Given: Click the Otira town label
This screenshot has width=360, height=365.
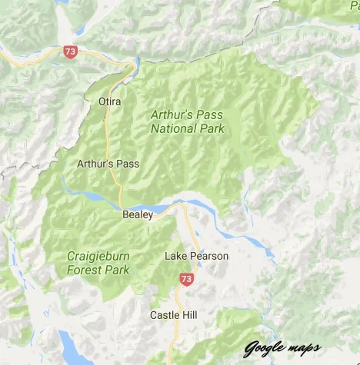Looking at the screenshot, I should pyautogui.click(x=111, y=101).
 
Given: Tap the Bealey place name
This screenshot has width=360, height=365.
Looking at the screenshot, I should pyautogui.click(x=138, y=216).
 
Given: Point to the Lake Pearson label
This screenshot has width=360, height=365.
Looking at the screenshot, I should pyautogui.click(x=196, y=256).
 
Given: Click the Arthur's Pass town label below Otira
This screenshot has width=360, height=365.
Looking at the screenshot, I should pyautogui.click(x=108, y=164).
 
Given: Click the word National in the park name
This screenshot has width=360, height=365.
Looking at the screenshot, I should pyautogui.click(x=172, y=129).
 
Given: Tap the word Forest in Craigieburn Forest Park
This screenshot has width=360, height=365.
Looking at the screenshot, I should pyautogui.click(x=84, y=270).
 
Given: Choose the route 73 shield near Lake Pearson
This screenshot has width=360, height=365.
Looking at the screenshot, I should pyautogui.click(x=186, y=278).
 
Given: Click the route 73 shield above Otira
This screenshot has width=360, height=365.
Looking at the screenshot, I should pyautogui.click(x=71, y=52).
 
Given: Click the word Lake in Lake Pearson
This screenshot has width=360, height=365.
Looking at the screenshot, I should pyautogui.click(x=176, y=256).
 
